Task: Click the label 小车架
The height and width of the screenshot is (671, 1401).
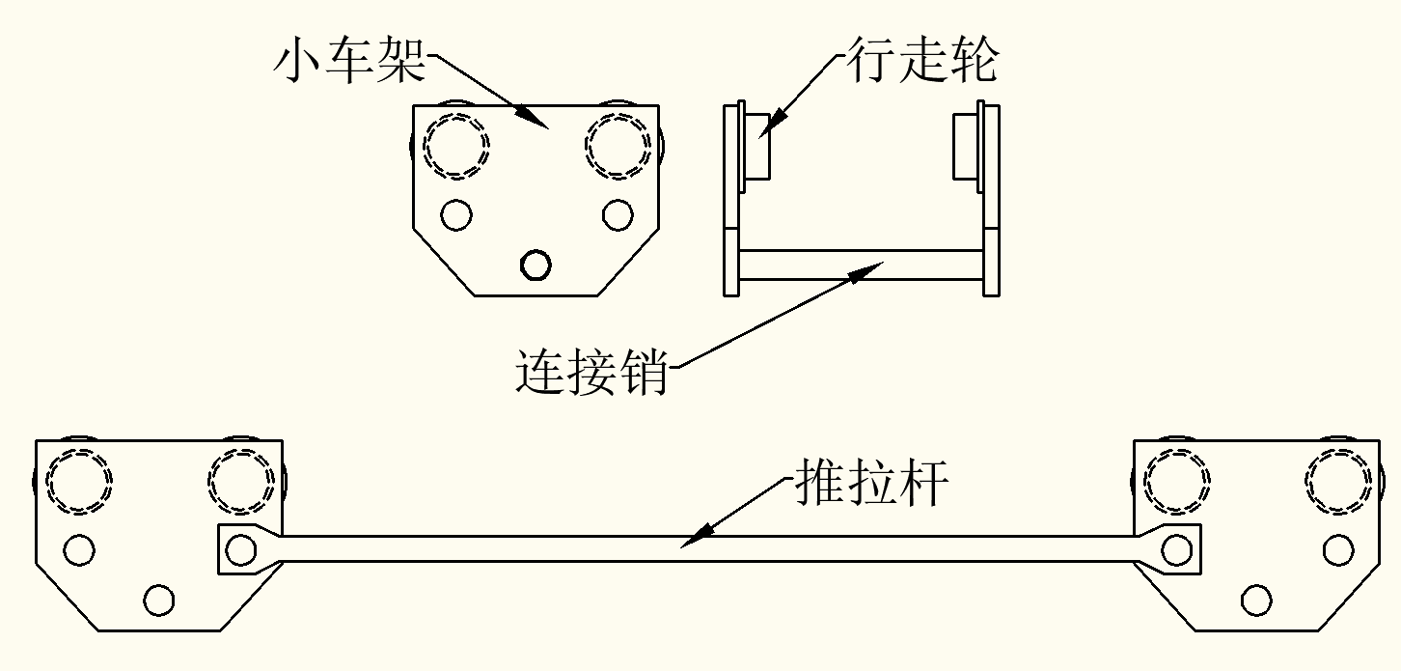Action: pyautogui.click(x=349, y=62)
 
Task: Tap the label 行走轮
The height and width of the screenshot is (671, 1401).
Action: pyautogui.click(x=923, y=62)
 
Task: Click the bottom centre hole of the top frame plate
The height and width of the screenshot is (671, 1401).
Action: pyautogui.click(x=536, y=264)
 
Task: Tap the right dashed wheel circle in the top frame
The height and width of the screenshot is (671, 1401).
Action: pyautogui.click(x=618, y=146)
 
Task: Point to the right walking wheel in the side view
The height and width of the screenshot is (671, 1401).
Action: pyautogui.click(x=966, y=146)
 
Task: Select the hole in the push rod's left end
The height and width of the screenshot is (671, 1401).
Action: pyautogui.click(x=237, y=549)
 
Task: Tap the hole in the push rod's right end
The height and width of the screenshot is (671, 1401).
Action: pyautogui.click(x=1175, y=549)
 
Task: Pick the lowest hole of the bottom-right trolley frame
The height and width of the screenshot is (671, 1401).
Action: pyautogui.click(x=1256, y=600)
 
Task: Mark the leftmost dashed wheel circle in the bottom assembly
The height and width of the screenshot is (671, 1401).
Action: pyautogui.click(x=80, y=481)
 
